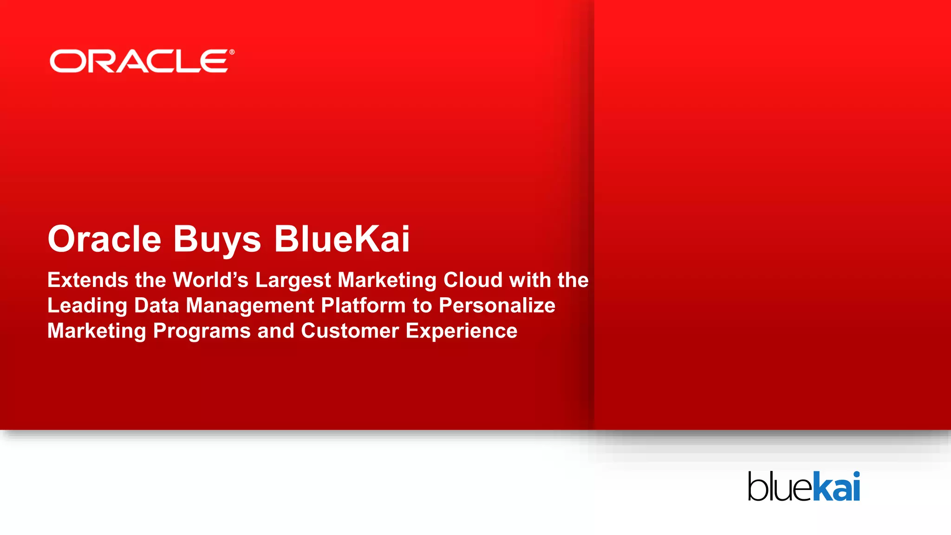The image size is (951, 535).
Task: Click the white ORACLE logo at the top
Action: (139, 61)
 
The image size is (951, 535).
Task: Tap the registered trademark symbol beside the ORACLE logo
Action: (232, 52)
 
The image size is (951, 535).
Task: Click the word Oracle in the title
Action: (104, 239)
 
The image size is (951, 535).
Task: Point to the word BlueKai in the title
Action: (342, 239)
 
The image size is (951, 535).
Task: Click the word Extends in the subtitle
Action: (88, 280)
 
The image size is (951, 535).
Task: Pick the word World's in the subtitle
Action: (210, 280)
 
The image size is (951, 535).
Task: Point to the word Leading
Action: (87, 306)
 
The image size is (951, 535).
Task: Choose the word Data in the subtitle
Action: (156, 306)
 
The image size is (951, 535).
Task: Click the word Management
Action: (250, 306)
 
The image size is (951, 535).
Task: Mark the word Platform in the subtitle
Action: (363, 306)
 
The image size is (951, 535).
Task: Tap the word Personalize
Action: (497, 306)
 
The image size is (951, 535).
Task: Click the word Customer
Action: (350, 331)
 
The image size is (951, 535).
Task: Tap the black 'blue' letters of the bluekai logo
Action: (780, 487)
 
